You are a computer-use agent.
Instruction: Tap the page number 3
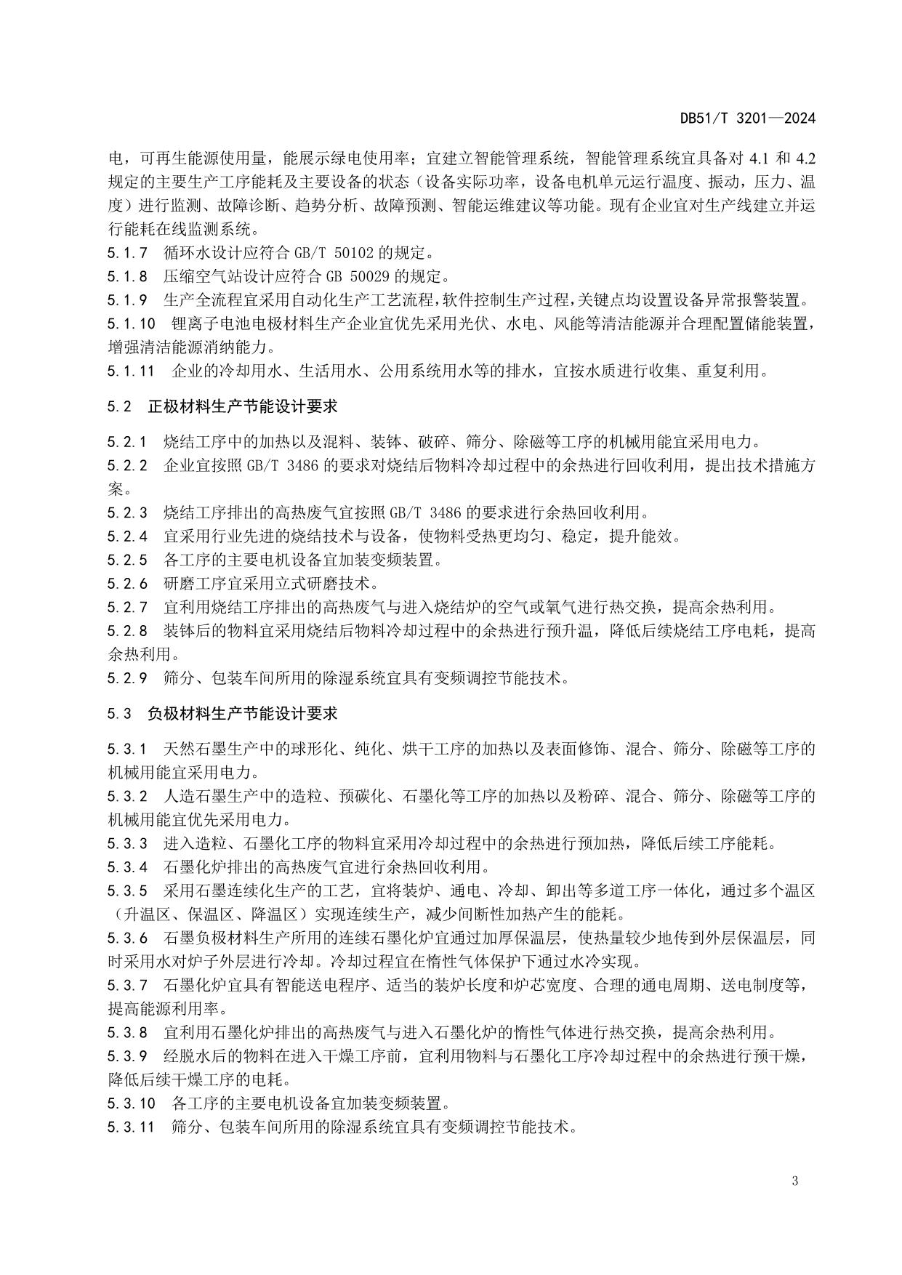[795, 1181]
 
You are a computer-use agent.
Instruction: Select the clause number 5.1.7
[127, 254]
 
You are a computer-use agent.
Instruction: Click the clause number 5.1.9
[127, 300]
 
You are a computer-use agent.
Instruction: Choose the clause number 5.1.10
[132, 323]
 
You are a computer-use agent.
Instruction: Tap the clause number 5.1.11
[132, 371]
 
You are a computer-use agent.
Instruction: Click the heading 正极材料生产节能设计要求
[242, 406]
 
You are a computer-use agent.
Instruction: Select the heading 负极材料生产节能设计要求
[242, 713]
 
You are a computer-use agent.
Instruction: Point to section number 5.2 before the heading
[119, 406]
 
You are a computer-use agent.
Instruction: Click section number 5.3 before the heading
[119, 713]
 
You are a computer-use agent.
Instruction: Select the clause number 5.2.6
[127, 584]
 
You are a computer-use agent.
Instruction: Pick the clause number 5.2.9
[127, 678]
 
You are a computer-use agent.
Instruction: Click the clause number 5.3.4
[127, 867]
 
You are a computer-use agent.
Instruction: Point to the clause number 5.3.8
[127, 1032]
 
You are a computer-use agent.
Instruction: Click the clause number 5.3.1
[127, 749]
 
